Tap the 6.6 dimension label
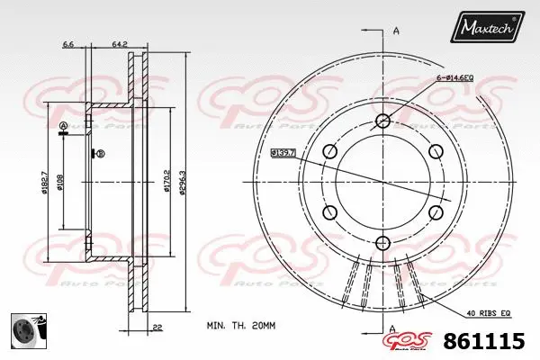coord(67,42)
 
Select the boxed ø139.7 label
coord(284,152)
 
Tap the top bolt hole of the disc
coord(383,121)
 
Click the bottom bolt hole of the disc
coord(383,241)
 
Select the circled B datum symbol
coord(100,154)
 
